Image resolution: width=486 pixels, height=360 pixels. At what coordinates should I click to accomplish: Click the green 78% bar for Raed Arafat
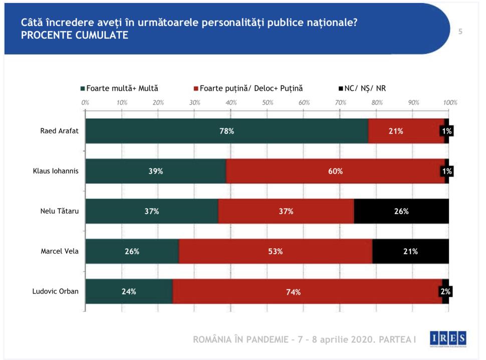click(226, 131)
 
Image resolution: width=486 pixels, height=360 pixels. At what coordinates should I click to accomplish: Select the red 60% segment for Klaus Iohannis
click(335, 171)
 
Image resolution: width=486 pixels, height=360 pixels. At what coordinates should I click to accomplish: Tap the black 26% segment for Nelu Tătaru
click(401, 211)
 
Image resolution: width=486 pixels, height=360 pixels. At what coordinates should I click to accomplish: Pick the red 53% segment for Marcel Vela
click(275, 251)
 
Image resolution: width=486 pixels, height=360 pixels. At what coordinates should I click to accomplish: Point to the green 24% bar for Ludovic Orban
click(129, 291)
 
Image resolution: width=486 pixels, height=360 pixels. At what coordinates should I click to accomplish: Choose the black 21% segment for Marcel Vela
click(410, 251)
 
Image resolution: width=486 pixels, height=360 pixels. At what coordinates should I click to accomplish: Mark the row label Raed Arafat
click(59, 131)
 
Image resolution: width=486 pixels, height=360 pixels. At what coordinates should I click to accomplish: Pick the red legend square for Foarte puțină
click(196, 89)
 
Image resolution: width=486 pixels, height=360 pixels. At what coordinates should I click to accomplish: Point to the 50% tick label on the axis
click(268, 102)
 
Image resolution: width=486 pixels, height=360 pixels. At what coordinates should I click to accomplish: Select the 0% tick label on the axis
click(85, 102)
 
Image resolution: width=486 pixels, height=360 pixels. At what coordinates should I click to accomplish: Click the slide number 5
click(460, 32)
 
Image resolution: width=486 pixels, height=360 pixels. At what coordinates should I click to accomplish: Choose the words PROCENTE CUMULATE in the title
click(74, 36)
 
